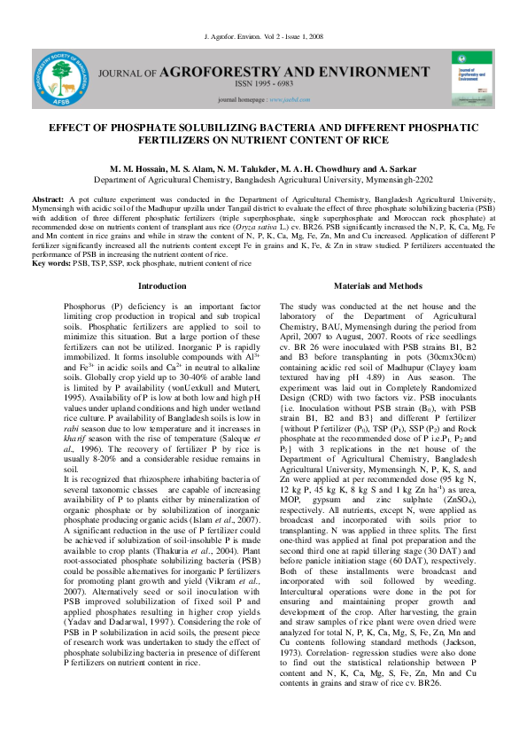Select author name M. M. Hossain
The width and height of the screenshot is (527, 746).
(x=137, y=167)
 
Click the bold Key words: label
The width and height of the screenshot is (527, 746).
(x=51, y=263)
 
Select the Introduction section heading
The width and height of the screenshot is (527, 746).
(x=163, y=286)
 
